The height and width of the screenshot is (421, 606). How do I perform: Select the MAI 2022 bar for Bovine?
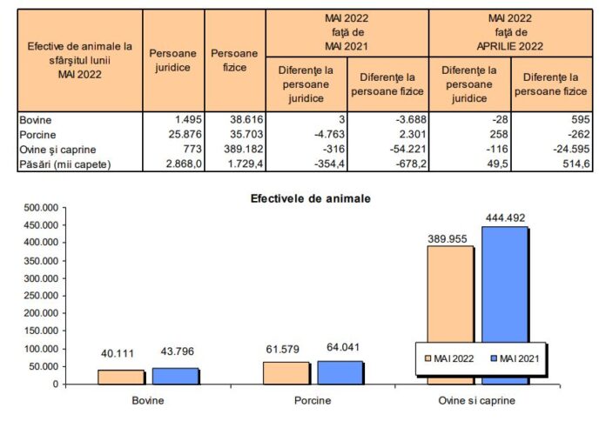click(120, 377)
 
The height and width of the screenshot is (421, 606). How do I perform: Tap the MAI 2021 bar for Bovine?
click(176, 376)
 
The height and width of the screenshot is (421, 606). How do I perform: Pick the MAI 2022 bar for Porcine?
click(285, 372)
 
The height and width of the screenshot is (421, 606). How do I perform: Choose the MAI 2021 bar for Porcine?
click(340, 372)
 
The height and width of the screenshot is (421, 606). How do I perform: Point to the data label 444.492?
click(504, 217)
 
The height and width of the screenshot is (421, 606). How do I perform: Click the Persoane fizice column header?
click(234, 60)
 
